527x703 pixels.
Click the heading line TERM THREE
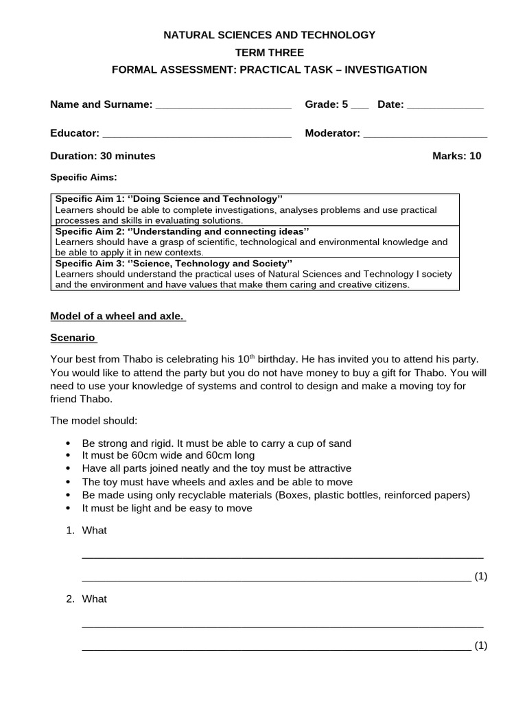click(269, 52)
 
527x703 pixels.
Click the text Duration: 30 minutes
click(103, 156)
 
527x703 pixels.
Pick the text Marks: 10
click(456, 156)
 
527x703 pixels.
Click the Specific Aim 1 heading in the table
click(169, 199)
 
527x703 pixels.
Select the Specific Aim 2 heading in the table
click(182, 231)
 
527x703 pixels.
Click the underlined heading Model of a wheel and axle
click(118, 316)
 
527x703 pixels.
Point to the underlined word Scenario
click(73, 338)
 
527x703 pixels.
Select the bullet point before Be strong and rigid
click(67, 443)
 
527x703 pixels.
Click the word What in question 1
click(95, 530)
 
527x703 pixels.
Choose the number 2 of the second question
click(70, 599)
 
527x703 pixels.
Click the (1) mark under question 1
click(480, 576)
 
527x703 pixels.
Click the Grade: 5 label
click(327, 105)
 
